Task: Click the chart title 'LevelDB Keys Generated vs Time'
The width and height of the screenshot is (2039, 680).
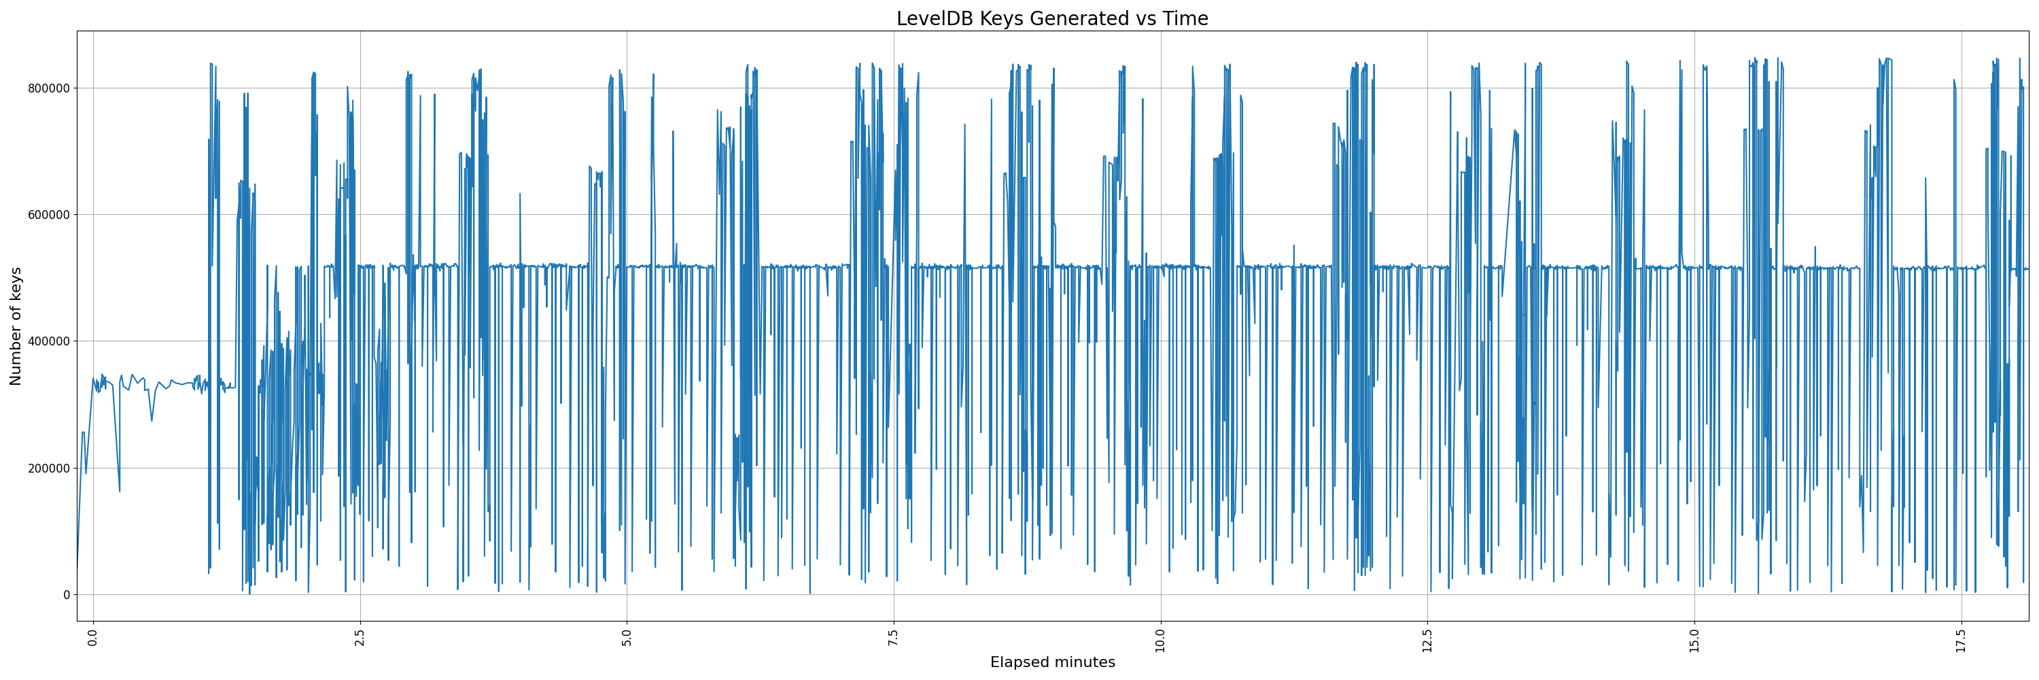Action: tap(1052, 18)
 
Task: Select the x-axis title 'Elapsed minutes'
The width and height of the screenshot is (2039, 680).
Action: tap(1052, 662)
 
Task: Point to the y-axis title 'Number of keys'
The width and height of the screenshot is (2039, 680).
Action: tap(16, 326)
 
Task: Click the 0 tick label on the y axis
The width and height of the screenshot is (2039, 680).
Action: tap(66, 594)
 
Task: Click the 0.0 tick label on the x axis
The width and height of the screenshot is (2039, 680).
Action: tap(93, 637)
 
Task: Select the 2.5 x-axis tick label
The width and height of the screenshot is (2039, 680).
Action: tap(360, 637)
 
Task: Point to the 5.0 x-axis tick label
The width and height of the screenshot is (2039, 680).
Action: tap(627, 637)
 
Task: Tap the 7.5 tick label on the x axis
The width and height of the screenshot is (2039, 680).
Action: tap(894, 637)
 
